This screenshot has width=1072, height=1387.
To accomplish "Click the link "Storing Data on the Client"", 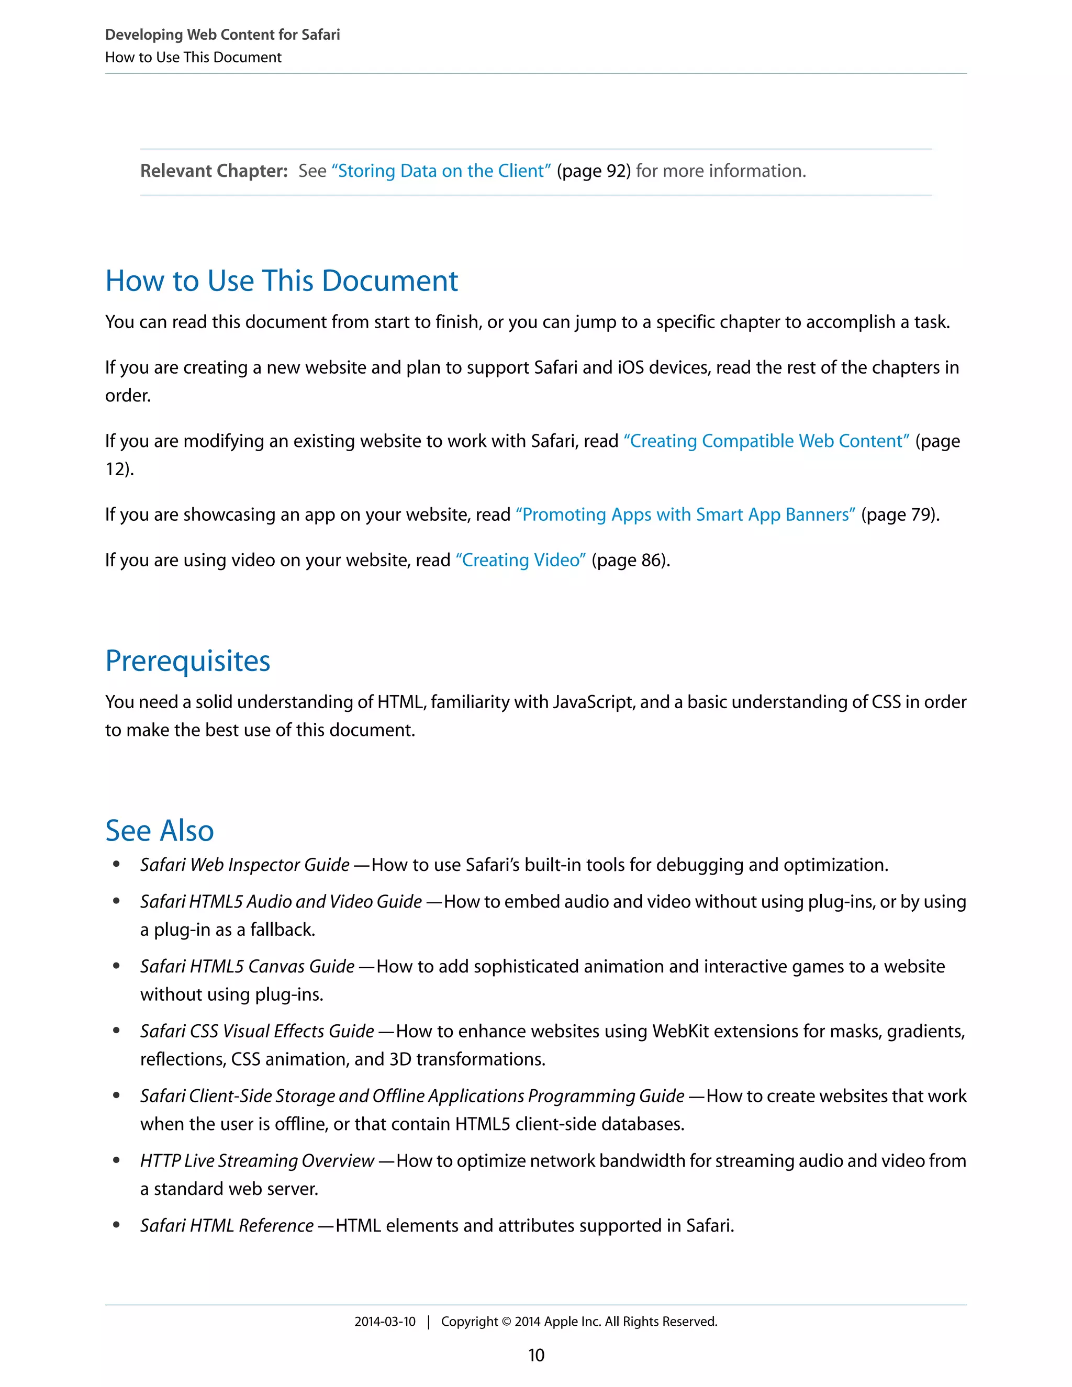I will point(441,171).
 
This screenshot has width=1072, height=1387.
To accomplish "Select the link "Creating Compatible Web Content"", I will point(766,441).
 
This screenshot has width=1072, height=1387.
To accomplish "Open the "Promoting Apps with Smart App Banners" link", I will point(685,514).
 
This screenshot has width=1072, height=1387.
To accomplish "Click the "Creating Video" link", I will point(520,560).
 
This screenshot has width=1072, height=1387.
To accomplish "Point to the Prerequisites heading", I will point(188,661).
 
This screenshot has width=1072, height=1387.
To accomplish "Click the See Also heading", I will point(160,830).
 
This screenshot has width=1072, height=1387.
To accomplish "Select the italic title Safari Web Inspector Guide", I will point(244,865).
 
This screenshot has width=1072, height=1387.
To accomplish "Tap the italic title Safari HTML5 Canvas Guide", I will point(247,967).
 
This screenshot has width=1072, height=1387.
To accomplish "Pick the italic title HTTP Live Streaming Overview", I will point(256,1161).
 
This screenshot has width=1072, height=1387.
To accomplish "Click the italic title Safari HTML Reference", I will point(227,1226).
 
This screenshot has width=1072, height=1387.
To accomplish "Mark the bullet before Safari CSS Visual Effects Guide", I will point(116,1031).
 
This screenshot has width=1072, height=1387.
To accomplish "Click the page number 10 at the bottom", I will point(536,1355).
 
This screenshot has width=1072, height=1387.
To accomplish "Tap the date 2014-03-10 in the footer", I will point(385,1322).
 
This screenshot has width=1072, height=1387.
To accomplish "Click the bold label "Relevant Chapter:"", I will point(214,171).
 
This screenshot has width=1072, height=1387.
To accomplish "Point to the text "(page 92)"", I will point(594,171).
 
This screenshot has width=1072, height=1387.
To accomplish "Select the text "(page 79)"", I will point(899,514).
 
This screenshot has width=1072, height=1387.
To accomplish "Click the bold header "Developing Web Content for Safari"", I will point(222,35).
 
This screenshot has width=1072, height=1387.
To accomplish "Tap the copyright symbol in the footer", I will point(506,1322).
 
